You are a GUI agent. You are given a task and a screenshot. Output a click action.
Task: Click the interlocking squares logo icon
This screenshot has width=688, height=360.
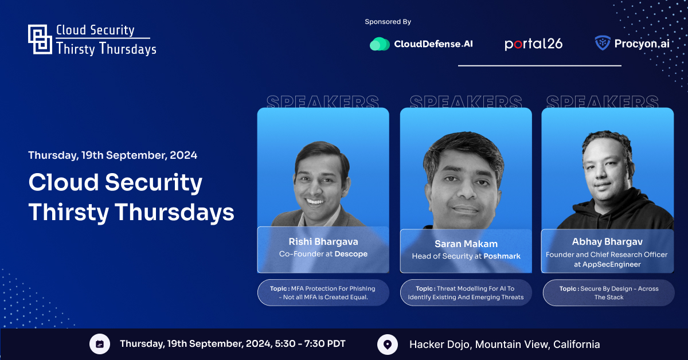(x=40, y=40)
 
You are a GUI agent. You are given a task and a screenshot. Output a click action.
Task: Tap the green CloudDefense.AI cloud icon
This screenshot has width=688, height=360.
(x=380, y=44)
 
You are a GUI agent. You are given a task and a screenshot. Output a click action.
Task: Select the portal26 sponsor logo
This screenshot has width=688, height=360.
(x=534, y=44)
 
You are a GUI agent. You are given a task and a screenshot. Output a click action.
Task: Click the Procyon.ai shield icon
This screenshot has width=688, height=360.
(x=603, y=42)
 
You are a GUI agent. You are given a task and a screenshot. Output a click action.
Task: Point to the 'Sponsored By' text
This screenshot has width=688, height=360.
(x=388, y=22)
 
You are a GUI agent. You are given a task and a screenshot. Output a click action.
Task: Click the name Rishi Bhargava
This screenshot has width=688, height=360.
(x=323, y=242)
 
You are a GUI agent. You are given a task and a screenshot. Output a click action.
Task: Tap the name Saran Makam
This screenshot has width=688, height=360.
(x=466, y=244)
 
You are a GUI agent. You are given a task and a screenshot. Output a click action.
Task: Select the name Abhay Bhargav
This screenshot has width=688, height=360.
(x=607, y=242)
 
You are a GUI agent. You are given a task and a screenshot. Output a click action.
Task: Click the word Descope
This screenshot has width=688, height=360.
(x=351, y=254)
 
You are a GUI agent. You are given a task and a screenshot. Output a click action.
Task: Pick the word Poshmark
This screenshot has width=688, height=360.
(x=502, y=256)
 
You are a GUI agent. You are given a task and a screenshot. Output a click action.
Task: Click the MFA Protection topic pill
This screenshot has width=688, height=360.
(x=323, y=293)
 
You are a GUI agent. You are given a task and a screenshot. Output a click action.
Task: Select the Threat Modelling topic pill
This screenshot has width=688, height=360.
(x=466, y=293)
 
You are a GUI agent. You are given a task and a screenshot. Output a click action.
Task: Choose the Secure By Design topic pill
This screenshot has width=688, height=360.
(x=609, y=293)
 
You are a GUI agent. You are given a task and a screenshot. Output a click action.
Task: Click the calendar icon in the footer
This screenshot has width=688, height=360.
(x=100, y=344)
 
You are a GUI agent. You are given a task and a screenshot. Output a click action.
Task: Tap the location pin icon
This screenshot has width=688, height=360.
(x=388, y=345)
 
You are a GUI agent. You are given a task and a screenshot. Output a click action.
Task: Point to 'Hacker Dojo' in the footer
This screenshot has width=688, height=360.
(x=440, y=345)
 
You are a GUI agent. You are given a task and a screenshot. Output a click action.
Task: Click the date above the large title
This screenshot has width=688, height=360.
(x=113, y=155)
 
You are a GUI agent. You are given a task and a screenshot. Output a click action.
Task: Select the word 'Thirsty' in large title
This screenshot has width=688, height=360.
(x=69, y=213)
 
